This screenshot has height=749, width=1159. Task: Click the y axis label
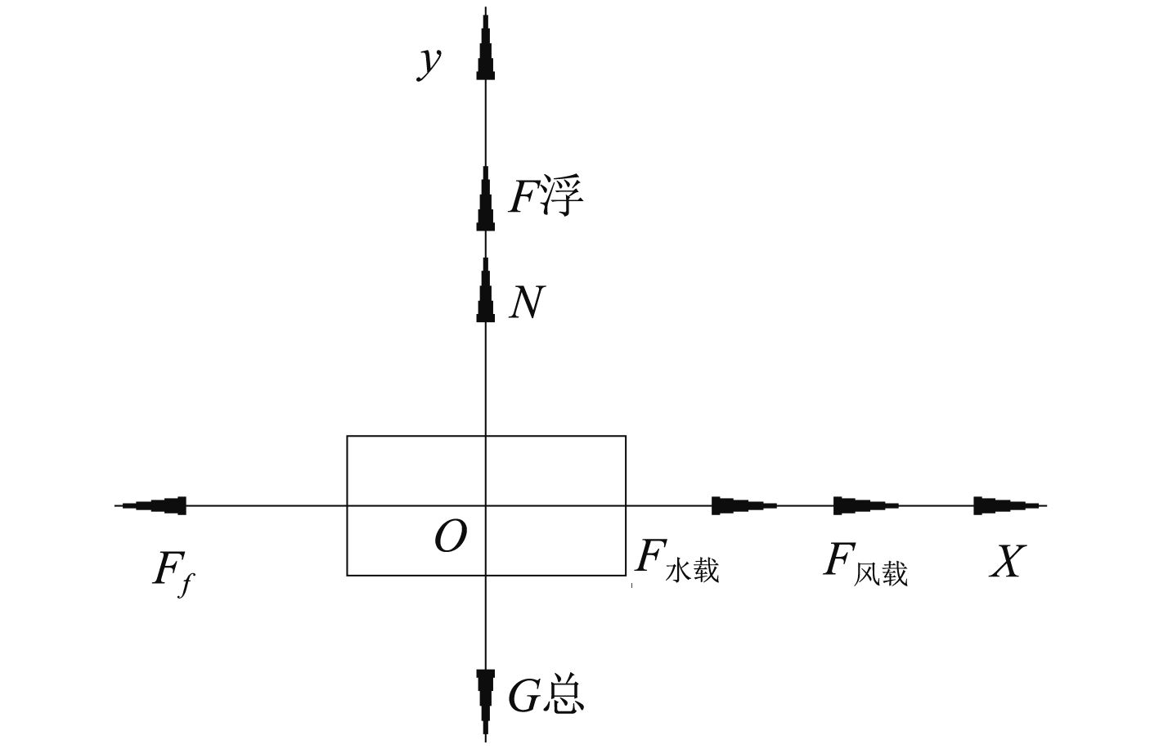pyautogui.click(x=429, y=62)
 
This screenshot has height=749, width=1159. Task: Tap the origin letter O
pyautogui.click(x=451, y=537)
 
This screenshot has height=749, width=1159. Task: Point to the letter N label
pyautogui.click(x=526, y=303)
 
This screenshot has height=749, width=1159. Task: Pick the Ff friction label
pyautogui.click(x=173, y=570)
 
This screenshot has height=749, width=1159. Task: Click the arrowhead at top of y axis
pyautogui.click(x=486, y=45)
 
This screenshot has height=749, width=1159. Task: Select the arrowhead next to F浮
pyautogui.click(x=486, y=199)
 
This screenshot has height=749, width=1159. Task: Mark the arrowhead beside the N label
pyautogui.click(x=486, y=290)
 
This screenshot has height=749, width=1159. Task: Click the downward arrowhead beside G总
pyautogui.click(x=486, y=699)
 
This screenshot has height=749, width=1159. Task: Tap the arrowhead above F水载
pyautogui.click(x=743, y=505)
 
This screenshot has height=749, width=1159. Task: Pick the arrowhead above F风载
pyautogui.click(x=865, y=505)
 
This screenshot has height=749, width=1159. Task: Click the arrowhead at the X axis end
pyautogui.click(x=1006, y=505)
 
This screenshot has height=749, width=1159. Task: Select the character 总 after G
pyautogui.click(x=564, y=696)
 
